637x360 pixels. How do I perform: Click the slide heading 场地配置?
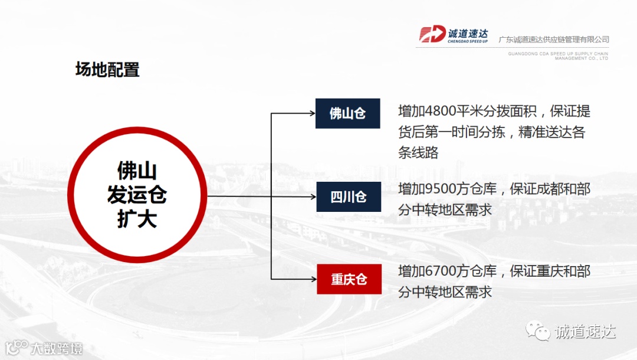click(107, 70)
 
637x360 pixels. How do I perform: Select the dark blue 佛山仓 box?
click(347, 113)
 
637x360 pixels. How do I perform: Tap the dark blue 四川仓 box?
click(348, 197)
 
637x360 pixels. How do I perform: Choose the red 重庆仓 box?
click(349, 279)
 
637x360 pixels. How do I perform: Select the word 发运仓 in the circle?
click(137, 195)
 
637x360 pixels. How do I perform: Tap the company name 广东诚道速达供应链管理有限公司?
click(553, 40)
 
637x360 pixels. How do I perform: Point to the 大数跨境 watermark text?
click(57, 348)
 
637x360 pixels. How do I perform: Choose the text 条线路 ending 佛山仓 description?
click(419, 153)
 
